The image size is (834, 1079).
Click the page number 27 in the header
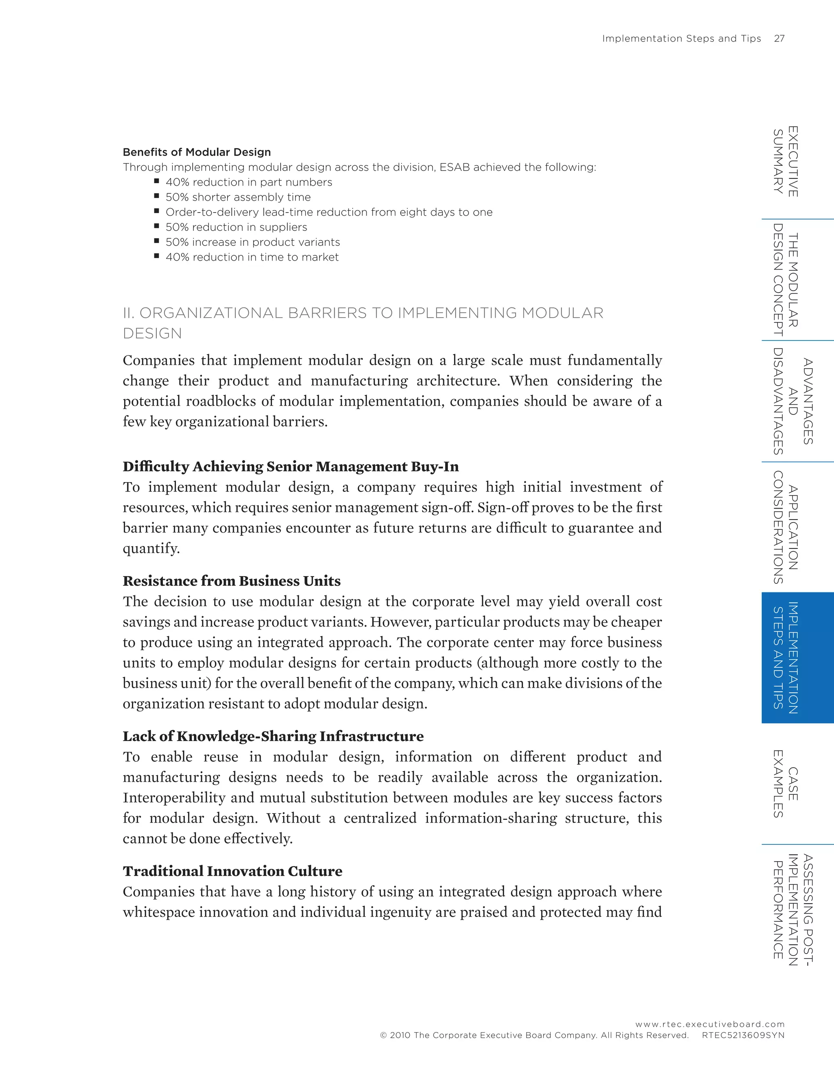point(779,39)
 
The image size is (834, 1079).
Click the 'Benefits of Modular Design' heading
point(197,152)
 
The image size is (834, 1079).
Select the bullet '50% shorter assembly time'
point(238,197)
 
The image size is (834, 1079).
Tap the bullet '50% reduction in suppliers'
point(236,227)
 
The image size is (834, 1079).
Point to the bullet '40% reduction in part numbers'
point(248,182)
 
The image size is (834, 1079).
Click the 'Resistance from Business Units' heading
point(232,581)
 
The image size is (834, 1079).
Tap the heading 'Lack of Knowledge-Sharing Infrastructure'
point(273,736)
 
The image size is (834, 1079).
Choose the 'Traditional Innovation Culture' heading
point(232,871)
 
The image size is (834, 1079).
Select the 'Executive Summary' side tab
point(786,161)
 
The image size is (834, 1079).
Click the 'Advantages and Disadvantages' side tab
point(792,401)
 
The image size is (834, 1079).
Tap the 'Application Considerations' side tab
point(786,527)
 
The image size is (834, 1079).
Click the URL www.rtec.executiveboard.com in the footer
point(709,1024)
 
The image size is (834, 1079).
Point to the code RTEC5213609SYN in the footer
point(743,1035)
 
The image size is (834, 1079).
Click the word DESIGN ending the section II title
point(152,333)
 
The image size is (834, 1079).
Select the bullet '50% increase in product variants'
point(252,242)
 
